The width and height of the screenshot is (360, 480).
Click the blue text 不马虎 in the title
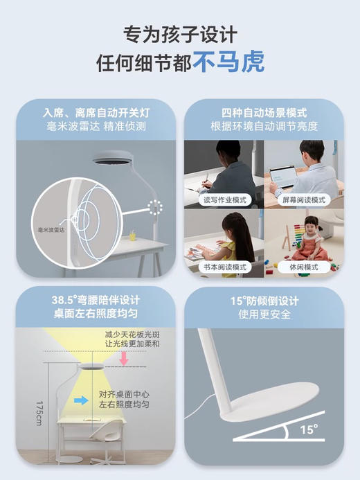click(x=228, y=63)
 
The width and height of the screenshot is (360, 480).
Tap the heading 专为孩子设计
click(x=179, y=33)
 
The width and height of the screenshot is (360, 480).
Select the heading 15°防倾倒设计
click(x=264, y=301)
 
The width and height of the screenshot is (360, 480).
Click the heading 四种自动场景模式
click(x=264, y=113)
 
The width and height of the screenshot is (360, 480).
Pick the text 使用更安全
click(x=264, y=315)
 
